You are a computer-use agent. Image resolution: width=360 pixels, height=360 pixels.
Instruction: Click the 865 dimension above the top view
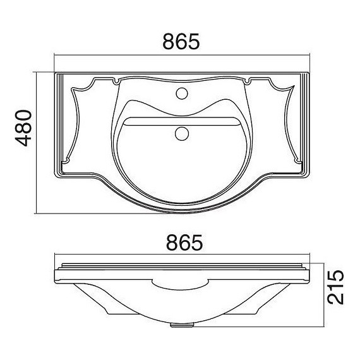point(181,42)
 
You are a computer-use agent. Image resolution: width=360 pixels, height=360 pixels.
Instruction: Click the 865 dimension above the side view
point(184,243)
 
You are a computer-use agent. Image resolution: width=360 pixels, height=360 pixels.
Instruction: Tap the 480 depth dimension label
point(23,128)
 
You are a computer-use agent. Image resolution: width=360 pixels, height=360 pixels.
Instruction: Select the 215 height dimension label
point(335,287)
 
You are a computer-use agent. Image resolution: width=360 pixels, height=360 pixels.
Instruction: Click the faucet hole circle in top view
point(182,93)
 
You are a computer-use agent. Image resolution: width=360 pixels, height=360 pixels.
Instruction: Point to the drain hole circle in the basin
point(182,134)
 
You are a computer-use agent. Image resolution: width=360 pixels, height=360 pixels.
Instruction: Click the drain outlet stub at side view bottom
point(182,325)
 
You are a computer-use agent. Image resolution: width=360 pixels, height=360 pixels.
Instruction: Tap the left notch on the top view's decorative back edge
point(116,81)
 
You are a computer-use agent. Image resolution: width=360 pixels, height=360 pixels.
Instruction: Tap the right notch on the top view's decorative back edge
point(248,81)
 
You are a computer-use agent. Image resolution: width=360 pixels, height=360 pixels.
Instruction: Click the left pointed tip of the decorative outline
point(72,88)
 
